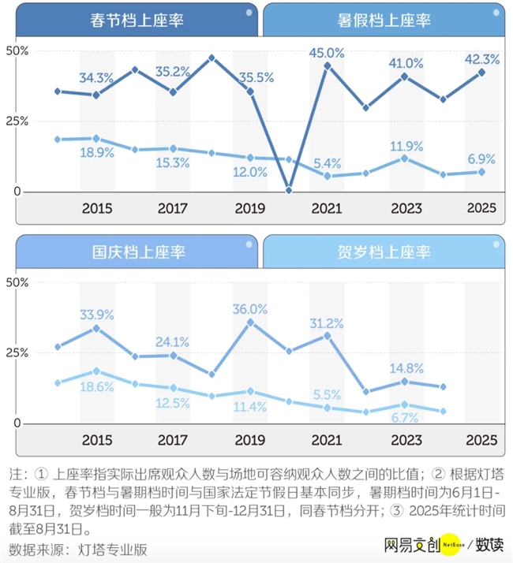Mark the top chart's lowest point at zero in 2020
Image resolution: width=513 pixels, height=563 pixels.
289,190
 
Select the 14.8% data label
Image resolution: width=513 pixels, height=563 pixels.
404,367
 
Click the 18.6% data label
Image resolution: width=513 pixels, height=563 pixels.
96,386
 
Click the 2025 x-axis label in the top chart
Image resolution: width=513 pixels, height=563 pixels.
481,208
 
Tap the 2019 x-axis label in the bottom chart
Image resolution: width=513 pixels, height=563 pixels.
250,439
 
